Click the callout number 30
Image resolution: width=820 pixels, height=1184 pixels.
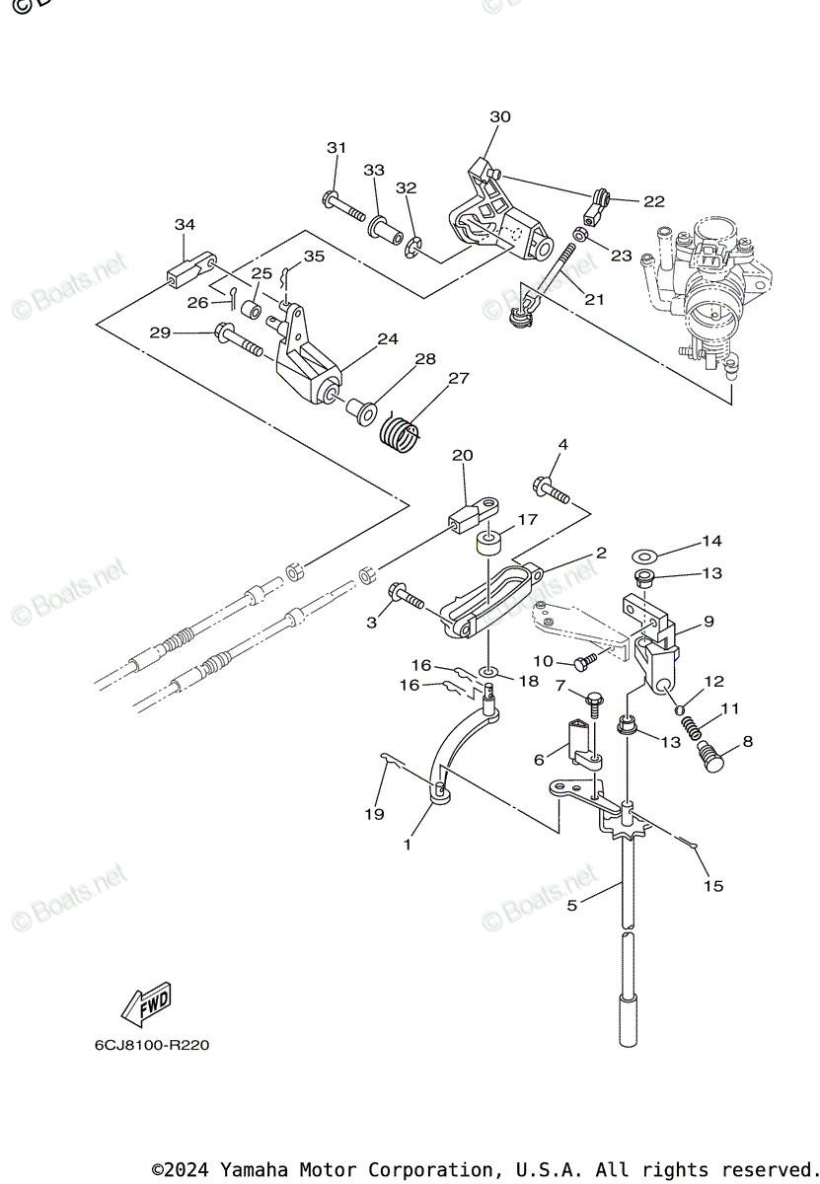[500, 116]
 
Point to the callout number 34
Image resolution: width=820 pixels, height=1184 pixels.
[186, 224]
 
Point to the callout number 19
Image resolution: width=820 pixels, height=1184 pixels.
[374, 814]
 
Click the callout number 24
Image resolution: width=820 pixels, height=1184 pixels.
[387, 338]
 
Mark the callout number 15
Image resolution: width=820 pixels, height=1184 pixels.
[712, 885]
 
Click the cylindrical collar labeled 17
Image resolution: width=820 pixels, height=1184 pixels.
[489, 544]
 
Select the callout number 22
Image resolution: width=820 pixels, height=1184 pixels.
[653, 201]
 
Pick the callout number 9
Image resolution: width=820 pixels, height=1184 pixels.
[708, 622]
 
